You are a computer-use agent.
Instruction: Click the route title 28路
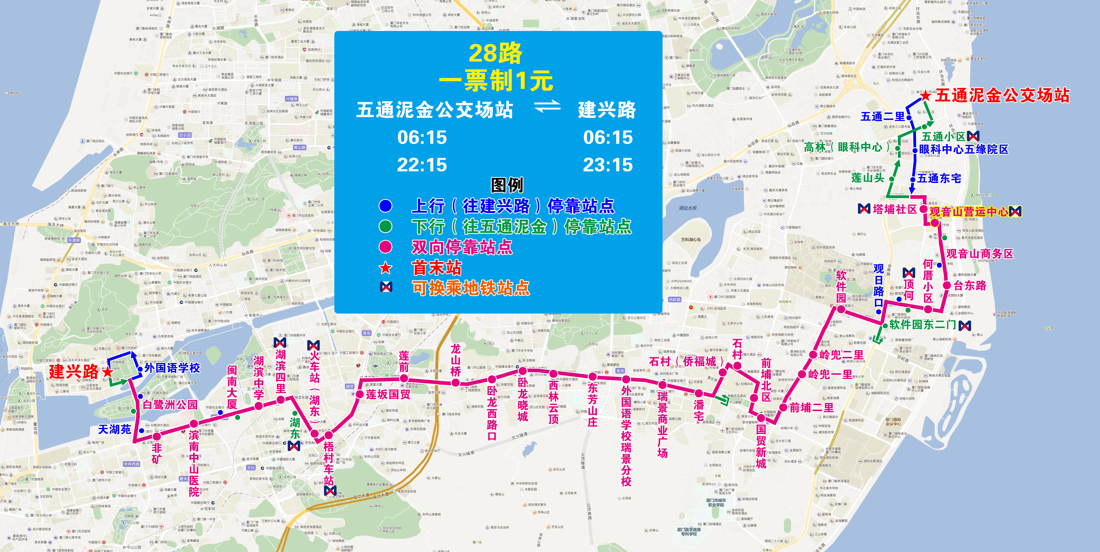(x=495, y=53)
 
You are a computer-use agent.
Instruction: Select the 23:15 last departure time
(x=608, y=165)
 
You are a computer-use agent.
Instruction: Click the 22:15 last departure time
(x=422, y=165)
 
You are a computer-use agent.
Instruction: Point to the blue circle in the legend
(x=385, y=206)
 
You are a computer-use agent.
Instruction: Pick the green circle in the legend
(x=385, y=226)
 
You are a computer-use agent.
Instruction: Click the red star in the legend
(x=385, y=268)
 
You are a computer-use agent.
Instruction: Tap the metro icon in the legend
(x=385, y=287)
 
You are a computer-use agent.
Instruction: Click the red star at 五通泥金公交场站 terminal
(x=925, y=95)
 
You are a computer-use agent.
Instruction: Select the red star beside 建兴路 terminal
(x=108, y=372)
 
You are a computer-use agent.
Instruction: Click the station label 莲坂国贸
(x=388, y=394)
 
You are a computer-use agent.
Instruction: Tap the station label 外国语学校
(x=172, y=368)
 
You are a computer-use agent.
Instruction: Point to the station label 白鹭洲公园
(x=170, y=404)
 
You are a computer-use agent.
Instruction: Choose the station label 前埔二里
(x=811, y=408)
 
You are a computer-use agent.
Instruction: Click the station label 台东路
(x=970, y=285)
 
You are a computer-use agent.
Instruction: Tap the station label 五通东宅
(x=939, y=178)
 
